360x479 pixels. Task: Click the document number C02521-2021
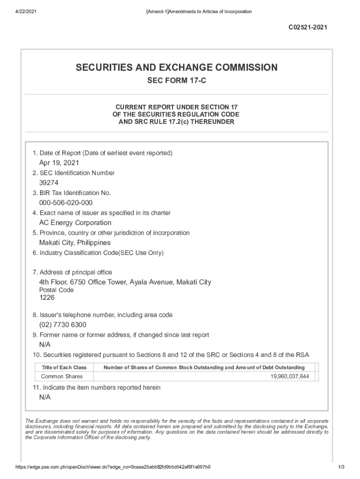click(x=307, y=28)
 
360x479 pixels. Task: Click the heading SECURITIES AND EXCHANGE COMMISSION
click(x=177, y=68)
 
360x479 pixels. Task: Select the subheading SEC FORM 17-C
click(x=177, y=81)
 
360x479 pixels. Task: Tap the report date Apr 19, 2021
click(x=59, y=163)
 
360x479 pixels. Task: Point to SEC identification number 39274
click(x=49, y=183)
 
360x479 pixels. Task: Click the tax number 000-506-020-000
click(x=65, y=203)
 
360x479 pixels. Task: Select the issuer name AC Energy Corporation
click(x=75, y=223)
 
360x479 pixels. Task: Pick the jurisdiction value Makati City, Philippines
click(x=75, y=243)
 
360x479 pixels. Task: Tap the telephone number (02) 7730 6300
click(x=63, y=325)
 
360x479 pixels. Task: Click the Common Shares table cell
click(x=62, y=377)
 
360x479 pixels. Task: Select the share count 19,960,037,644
click(x=289, y=377)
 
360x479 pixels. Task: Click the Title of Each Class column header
click(x=64, y=368)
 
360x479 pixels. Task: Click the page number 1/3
click(x=340, y=467)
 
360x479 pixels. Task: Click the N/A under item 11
click(x=45, y=397)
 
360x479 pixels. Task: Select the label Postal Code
click(x=56, y=290)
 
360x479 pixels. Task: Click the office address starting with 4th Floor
click(x=125, y=282)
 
